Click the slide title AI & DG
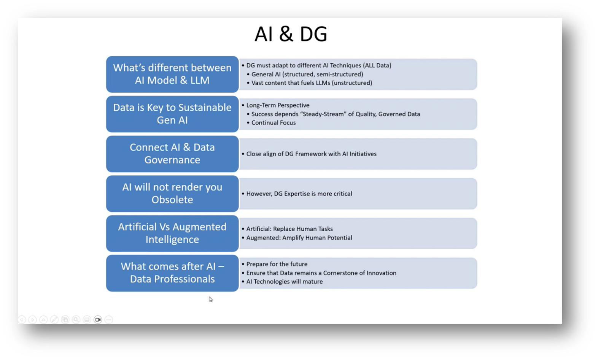291,34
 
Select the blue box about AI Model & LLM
172,74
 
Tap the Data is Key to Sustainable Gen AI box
172,114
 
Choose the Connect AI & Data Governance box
172,154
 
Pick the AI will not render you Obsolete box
172,193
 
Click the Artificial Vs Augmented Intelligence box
172,233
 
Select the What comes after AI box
172,273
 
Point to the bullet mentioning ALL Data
318,65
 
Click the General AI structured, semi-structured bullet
307,74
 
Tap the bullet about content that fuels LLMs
312,83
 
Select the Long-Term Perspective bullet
278,105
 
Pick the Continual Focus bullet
273,123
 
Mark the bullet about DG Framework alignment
311,154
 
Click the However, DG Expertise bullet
299,194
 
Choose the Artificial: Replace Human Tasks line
289,229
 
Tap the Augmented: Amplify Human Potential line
299,238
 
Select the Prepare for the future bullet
277,264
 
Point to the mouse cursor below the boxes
210,299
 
